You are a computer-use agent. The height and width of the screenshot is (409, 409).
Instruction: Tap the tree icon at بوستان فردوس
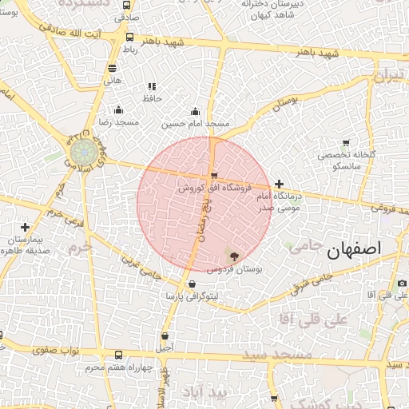coord(233,256)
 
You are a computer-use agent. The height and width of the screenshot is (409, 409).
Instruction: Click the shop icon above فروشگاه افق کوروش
coord(213,176)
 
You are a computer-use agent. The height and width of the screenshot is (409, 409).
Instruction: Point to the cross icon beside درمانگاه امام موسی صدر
coord(279,185)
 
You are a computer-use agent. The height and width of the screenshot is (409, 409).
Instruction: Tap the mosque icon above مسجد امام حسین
coord(196,111)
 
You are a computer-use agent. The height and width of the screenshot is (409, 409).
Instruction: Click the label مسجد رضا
coord(117,122)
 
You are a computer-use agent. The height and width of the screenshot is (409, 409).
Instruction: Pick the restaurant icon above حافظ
coord(151,86)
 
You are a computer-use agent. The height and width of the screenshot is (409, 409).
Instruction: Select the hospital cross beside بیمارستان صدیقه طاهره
coord(26,227)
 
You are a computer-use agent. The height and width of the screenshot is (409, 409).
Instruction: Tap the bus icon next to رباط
coord(130,37)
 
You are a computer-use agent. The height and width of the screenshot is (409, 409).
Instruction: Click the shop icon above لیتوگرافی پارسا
coord(192,284)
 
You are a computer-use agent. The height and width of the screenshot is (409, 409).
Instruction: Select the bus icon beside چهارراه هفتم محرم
coord(119,355)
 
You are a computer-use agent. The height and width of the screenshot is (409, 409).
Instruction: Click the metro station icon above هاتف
coord(111,68)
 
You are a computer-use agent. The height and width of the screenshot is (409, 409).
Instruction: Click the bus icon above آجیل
coord(165,336)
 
